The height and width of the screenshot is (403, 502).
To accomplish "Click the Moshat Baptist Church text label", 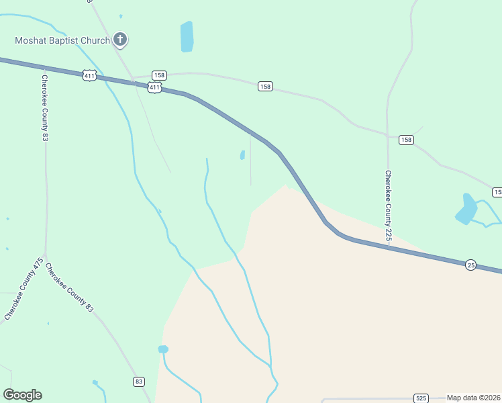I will click(x=62, y=40).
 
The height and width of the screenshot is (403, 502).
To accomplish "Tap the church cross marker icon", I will click(x=120, y=40).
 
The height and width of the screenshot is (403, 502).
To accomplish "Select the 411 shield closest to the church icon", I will click(x=90, y=75).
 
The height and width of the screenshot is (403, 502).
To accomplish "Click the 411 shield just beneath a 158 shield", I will click(x=155, y=87).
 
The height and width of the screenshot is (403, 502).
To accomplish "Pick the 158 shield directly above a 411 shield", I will click(x=158, y=75).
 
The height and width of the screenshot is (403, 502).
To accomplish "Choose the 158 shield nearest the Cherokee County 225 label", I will click(x=406, y=140).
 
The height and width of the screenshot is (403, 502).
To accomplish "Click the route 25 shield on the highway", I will click(x=471, y=265).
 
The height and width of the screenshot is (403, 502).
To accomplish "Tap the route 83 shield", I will click(x=138, y=382).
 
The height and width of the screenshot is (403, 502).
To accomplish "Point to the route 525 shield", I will click(x=421, y=398).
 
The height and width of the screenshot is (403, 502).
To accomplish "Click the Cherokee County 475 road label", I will click(x=24, y=288).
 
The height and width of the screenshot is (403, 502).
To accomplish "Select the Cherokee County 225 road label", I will click(x=388, y=206).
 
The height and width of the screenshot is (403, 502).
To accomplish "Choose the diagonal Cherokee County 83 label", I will click(x=69, y=287).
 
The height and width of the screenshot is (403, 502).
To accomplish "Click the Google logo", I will click(x=22, y=395).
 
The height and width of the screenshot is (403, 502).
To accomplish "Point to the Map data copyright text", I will click(x=474, y=398).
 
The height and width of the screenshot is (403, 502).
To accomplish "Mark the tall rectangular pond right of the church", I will click(x=187, y=37).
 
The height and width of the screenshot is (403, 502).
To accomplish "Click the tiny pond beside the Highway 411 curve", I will click(x=242, y=155).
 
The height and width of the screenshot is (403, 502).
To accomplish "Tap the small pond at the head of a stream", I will click(x=162, y=349).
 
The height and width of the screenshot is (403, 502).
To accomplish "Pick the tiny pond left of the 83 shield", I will click(x=95, y=383).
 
